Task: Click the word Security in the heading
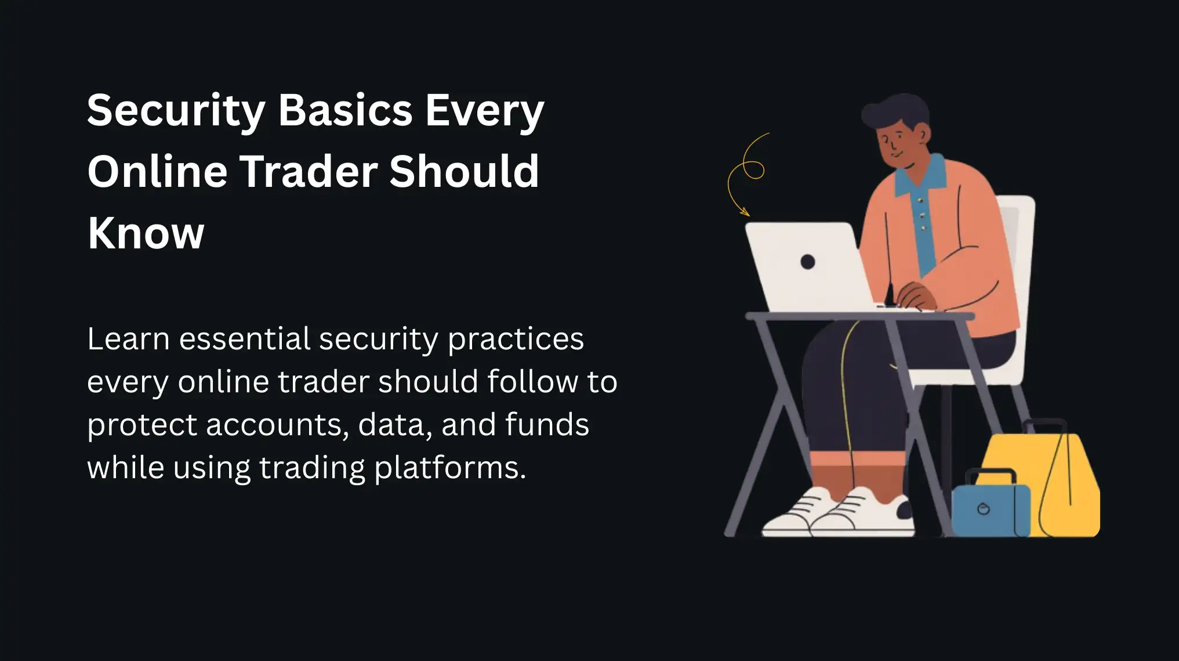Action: point(176,110)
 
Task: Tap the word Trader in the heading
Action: point(308,172)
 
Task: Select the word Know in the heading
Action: point(146,233)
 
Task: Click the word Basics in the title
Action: point(345,110)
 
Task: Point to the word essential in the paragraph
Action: point(245,339)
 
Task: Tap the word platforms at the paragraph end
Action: point(449,468)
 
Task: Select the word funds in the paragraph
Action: point(546,425)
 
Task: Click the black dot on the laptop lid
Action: point(807,262)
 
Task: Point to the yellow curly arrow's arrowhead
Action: point(745,212)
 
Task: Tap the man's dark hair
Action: point(896,113)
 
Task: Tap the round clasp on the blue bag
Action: point(984,510)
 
